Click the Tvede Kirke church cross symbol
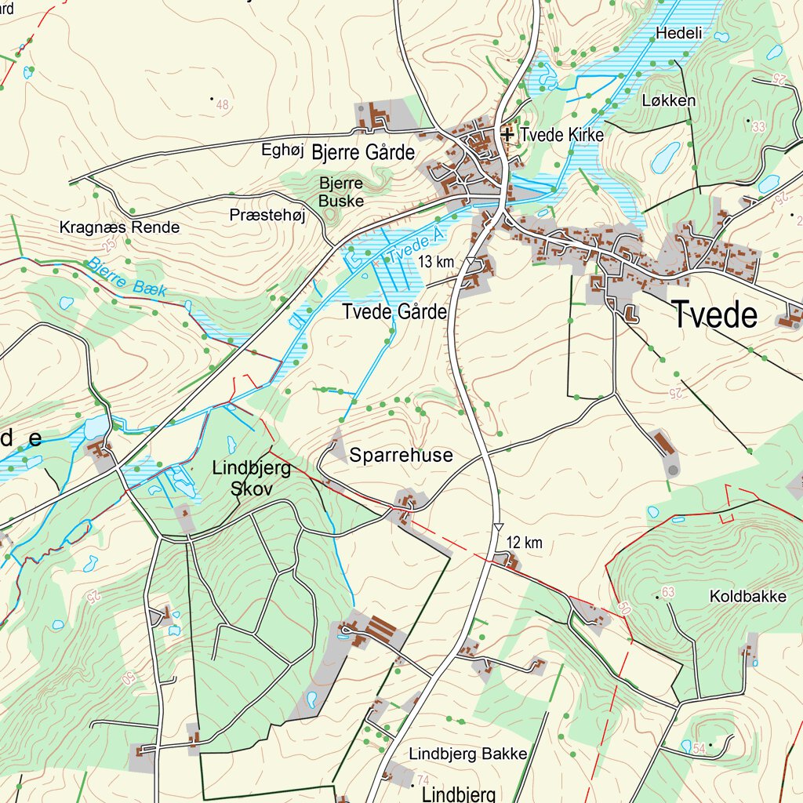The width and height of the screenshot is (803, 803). [x=507, y=135]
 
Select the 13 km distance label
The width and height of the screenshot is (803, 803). [x=436, y=261]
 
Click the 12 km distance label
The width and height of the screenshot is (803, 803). [x=525, y=543]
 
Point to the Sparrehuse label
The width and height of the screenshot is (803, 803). [x=401, y=456]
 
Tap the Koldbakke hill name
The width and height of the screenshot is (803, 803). [x=747, y=597]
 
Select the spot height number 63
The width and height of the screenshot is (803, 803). [x=668, y=592]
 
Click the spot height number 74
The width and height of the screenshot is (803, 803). [x=423, y=779]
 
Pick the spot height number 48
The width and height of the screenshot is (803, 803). [x=223, y=104]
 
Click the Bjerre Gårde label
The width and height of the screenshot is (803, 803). [x=362, y=153]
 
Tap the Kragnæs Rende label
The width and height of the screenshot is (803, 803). [x=120, y=228]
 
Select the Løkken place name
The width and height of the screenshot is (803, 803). [x=668, y=100]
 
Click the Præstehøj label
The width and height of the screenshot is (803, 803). [x=267, y=215]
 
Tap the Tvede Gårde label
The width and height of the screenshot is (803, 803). [x=394, y=312]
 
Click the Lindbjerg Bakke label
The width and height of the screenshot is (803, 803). [x=468, y=754]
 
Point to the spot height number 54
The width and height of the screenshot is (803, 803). [x=699, y=748]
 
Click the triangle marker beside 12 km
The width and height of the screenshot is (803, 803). [x=498, y=528]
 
